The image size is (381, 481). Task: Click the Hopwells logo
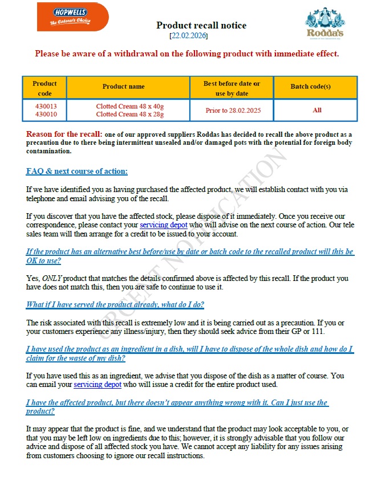click(72, 17)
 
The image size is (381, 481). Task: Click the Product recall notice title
click(201, 25)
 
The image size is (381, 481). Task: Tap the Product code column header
click(44, 88)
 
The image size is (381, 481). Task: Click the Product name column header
click(123, 87)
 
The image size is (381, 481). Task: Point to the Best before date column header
click(232, 88)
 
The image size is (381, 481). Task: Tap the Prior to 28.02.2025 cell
click(232, 110)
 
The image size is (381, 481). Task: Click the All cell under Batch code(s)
click(317, 110)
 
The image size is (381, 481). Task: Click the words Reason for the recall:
click(64, 134)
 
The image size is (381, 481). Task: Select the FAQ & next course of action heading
click(77, 172)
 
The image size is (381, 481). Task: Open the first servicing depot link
click(163, 225)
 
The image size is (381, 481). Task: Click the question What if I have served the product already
click(115, 304)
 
